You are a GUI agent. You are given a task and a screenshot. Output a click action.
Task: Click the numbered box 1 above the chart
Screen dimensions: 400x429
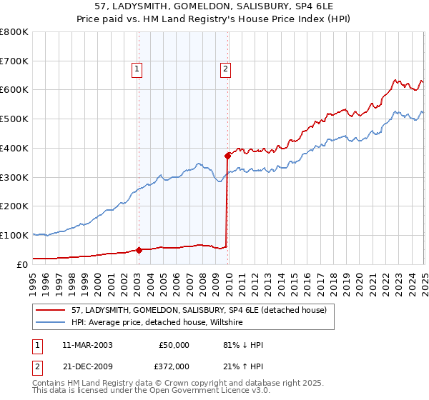coord(137,69)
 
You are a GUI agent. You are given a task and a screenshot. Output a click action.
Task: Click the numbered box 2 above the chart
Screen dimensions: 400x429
coord(225,69)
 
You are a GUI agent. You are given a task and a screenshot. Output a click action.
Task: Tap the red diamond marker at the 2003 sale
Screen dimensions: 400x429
coord(139,250)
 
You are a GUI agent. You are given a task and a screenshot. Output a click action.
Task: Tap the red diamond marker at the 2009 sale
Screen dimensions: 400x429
coord(228,155)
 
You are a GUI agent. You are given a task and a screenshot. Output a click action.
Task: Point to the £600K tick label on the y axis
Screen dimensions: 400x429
coord(14,90)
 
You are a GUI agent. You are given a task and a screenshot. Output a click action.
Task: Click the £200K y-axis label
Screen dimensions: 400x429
coord(14,206)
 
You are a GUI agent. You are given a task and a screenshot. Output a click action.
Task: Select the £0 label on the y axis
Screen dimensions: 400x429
coord(23,264)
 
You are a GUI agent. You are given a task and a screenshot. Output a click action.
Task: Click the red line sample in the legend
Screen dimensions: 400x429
coord(51,310)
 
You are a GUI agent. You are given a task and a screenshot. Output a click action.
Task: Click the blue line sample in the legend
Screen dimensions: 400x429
coord(51,322)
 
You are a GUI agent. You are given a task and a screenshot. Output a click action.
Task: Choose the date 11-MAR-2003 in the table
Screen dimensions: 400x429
coord(88,345)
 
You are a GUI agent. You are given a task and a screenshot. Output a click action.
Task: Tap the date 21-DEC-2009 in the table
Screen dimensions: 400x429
coord(88,366)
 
